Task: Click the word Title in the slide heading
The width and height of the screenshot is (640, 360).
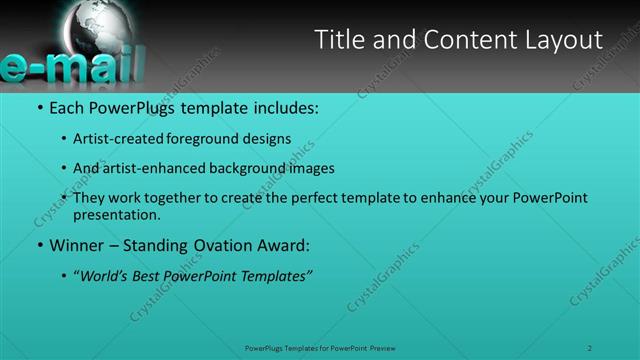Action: point(338,40)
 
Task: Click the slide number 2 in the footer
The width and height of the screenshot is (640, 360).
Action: point(590,348)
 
